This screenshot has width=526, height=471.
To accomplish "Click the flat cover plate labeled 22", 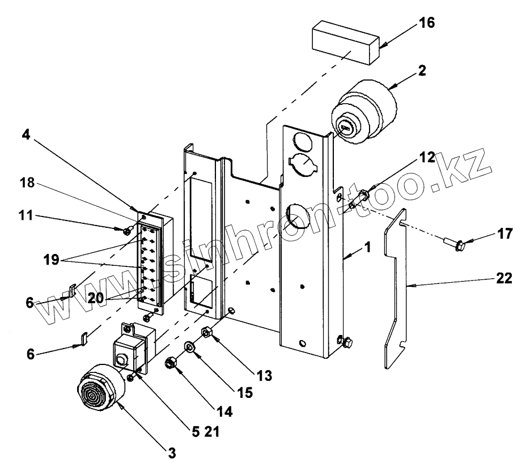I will click(x=397, y=289).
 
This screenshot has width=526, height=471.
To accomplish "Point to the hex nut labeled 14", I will click(x=169, y=363).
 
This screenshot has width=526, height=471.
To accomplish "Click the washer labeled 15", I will click(x=189, y=347).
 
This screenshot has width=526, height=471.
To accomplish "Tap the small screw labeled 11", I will click(x=129, y=230).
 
